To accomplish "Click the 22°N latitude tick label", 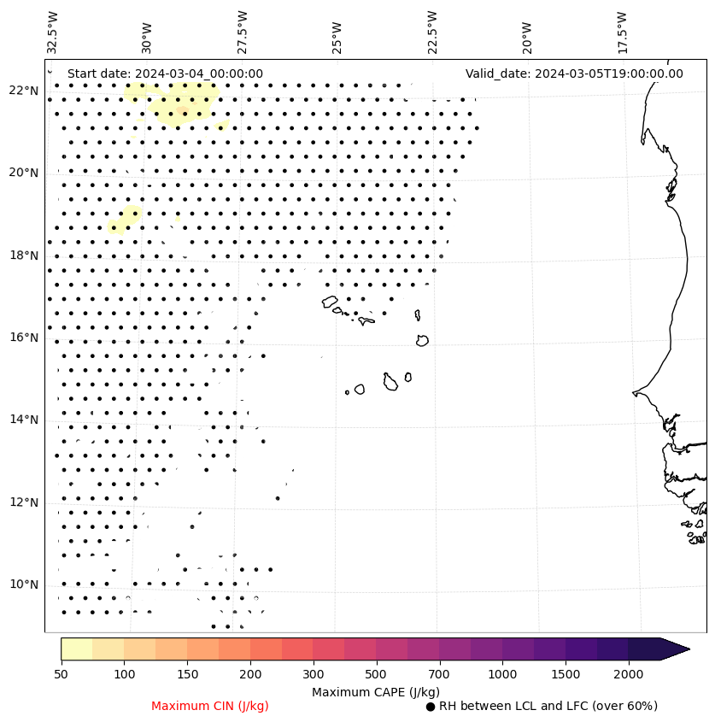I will (x=23, y=91).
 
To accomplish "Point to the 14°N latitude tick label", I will (x=23, y=420).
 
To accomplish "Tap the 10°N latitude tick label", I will (x=23, y=584).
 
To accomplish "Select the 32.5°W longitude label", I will (x=53, y=32).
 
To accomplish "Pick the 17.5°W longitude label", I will (x=622, y=32).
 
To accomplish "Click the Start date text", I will (x=165, y=73).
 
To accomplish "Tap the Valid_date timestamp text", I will (x=574, y=73).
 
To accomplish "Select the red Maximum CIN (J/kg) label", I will (x=210, y=706).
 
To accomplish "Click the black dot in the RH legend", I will (x=431, y=707).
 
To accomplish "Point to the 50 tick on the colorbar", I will (x=61, y=674).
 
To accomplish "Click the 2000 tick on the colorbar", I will (x=628, y=674).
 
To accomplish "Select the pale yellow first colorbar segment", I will (x=76, y=649).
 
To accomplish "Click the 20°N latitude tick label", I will (x=23, y=173).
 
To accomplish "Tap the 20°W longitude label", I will (x=526, y=32).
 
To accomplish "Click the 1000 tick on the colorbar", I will (x=502, y=674).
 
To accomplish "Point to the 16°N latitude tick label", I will (x=23, y=338).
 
